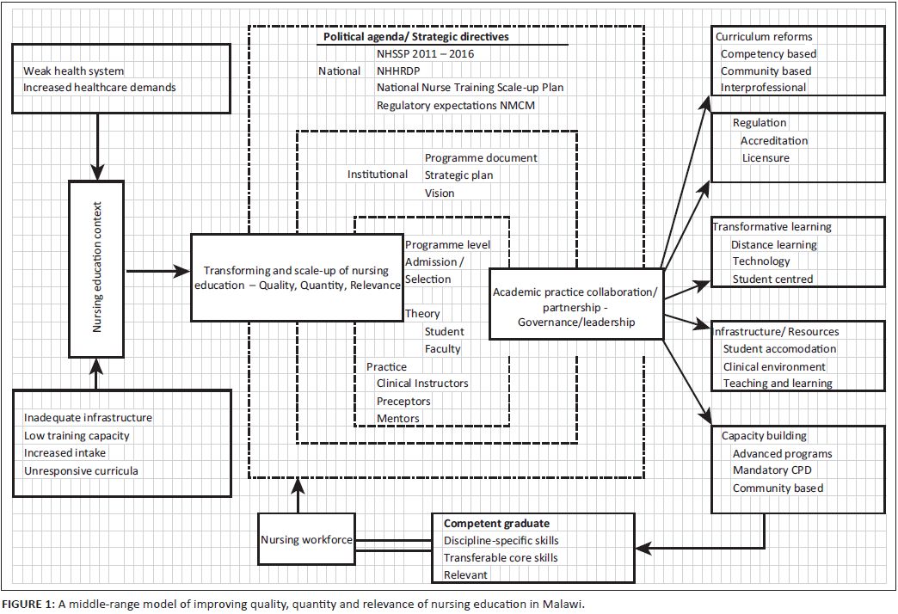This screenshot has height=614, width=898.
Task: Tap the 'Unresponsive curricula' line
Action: [x=81, y=470]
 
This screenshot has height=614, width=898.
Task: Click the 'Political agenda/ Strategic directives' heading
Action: [x=415, y=38]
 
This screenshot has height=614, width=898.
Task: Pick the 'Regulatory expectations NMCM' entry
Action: [x=456, y=106]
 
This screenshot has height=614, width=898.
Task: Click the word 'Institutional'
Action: [x=378, y=175]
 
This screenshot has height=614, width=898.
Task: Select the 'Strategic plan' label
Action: [x=459, y=175]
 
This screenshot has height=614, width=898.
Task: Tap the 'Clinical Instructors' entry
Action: [x=422, y=384]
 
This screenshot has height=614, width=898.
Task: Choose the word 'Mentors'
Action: [x=398, y=419]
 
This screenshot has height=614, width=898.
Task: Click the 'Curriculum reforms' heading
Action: [x=764, y=37]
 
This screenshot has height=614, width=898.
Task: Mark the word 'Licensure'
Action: [x=766, y=158]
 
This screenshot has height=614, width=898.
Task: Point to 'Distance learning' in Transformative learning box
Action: [x=774, y=244]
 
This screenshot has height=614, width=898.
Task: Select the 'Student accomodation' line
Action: [x=779, y=349]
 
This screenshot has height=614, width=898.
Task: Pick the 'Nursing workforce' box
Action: [x=305, y=540]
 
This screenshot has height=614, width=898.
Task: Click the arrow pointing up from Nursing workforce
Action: [x=298, y=496]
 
